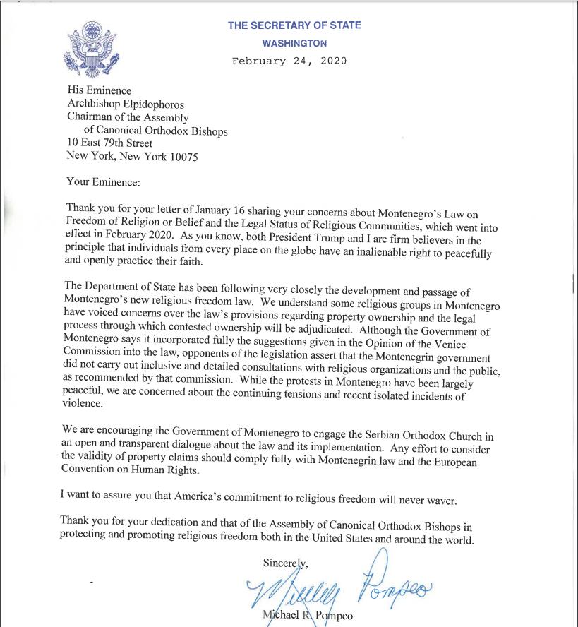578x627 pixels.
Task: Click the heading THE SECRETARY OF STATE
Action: point(294,26)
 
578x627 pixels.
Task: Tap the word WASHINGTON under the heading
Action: point(294,43)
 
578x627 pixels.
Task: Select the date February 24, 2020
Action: point(289,61)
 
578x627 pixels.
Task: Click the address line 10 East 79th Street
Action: point(109,143)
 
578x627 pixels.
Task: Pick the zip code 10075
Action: point(183,157)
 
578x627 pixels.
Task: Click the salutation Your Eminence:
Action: point(103,182)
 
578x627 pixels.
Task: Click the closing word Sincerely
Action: point(286,563)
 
